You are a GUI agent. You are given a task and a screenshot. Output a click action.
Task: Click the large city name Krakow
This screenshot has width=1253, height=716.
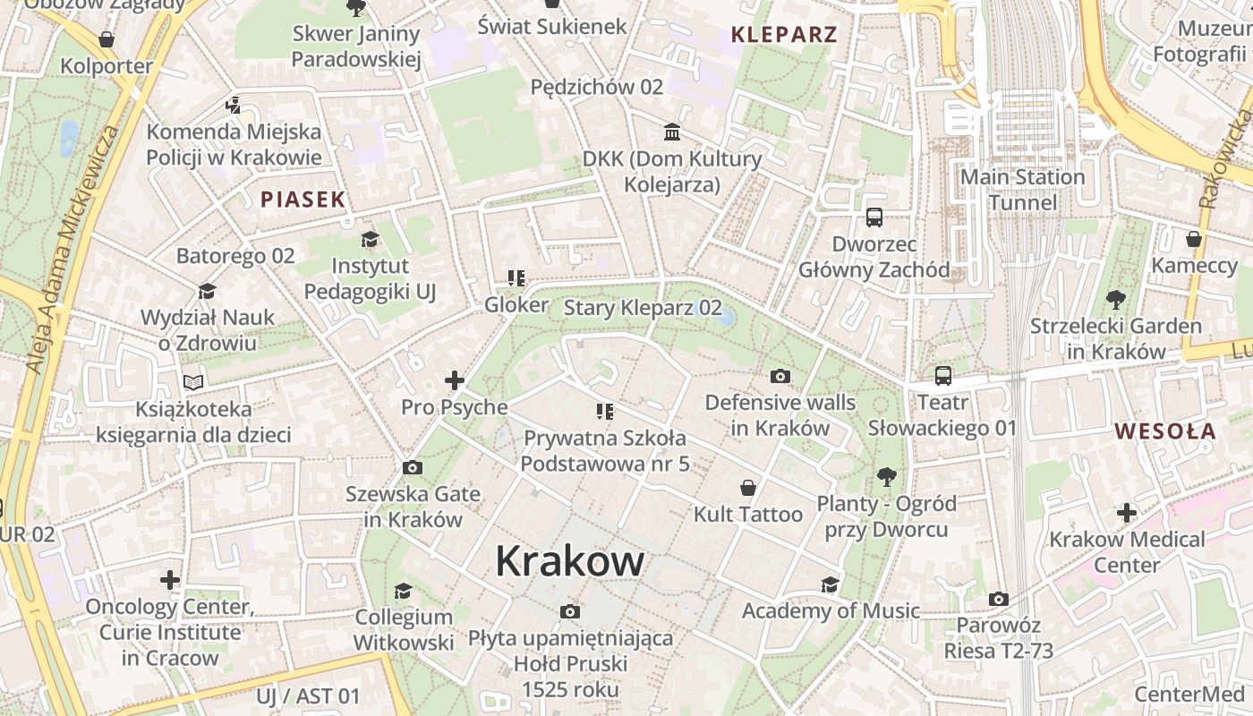[x=569, y=561]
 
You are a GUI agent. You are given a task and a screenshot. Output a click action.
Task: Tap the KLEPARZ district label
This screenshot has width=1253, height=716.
[x=784, y=35]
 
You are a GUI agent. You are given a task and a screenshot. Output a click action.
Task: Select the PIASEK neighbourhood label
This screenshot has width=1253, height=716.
[x=303, y=199]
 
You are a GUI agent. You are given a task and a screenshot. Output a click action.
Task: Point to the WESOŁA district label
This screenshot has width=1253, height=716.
[x=1165, y=431]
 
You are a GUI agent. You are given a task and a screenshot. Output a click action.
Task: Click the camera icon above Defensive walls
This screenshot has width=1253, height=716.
[x=780, y=376]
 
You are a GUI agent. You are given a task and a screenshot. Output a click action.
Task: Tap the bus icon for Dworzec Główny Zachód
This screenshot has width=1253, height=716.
[x=874, y=217]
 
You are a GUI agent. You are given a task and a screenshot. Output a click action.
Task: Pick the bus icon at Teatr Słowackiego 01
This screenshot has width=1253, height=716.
[x=943, y=376]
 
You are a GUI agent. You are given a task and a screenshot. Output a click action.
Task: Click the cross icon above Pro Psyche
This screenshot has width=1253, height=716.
[x=455, y=380]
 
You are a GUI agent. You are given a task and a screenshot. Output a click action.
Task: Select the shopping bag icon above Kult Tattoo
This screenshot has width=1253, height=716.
[x=748, y=488]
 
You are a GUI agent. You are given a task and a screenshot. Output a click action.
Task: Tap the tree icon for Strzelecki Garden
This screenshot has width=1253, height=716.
[x=1116, y=299]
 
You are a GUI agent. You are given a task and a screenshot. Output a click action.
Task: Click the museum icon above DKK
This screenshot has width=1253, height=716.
[x=671, y=132]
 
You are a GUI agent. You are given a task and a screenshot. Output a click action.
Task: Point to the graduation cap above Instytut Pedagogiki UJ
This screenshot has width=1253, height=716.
[x=370, y=239]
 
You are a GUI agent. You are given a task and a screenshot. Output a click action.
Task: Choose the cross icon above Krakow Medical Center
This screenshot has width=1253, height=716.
[x=1127, y=513]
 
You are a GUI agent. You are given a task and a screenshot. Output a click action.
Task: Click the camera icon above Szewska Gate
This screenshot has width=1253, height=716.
[x=413, y=467]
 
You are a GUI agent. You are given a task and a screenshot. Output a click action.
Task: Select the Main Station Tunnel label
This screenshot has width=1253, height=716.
[x=1022, y=190]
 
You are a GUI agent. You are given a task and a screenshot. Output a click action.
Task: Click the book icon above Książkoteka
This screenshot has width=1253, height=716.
[x=193, y=382]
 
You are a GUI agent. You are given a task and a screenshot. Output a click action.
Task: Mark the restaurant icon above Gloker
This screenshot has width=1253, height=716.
[x=516, y=278]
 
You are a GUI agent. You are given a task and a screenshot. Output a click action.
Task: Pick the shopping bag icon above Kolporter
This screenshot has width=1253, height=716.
[x=107, y=39]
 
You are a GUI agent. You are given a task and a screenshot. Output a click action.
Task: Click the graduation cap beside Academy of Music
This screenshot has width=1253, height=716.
[x=831, y=584]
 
